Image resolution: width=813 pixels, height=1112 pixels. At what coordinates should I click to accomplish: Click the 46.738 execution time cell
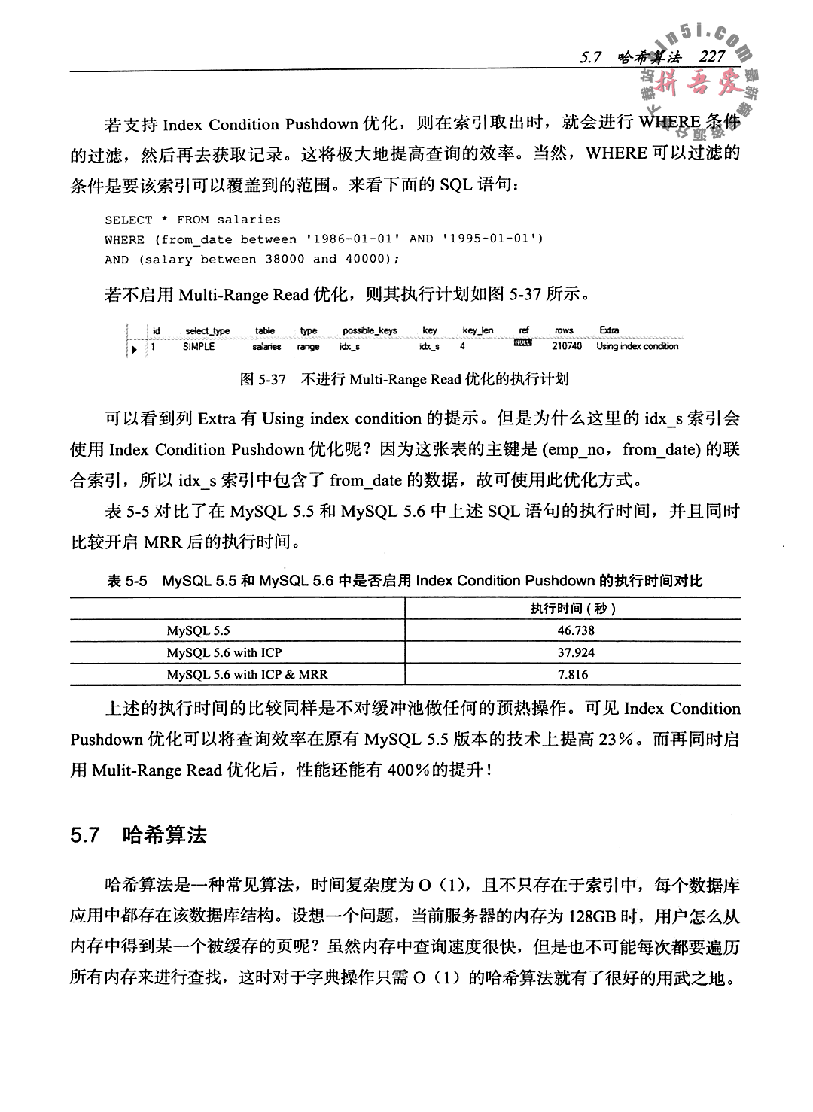(576, 630)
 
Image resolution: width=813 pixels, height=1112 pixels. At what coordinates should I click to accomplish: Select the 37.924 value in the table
(576, 652)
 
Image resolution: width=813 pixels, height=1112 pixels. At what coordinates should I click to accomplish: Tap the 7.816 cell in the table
(573, 674)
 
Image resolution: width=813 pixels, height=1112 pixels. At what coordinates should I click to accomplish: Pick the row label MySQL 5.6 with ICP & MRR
(247, 674)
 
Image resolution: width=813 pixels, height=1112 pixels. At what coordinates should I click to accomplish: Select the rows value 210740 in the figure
(567, 347)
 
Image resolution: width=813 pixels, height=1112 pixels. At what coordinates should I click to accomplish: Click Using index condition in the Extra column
(637, 347)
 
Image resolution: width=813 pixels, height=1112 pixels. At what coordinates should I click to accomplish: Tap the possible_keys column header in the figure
(370, 330)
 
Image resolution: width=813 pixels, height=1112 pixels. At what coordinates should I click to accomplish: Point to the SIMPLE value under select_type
(199, 347)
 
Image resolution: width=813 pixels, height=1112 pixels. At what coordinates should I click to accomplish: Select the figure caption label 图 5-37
(263, 379)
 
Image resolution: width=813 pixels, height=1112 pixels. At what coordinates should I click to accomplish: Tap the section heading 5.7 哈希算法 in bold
(139, 836)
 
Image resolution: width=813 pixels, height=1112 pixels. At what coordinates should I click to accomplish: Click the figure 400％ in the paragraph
(409, 770)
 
